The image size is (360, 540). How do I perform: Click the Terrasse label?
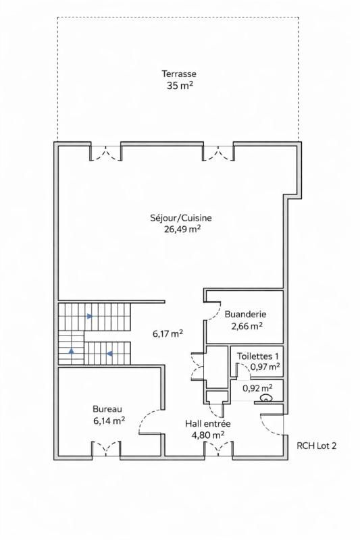(178, 74)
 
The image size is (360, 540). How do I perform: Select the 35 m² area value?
(178, 86)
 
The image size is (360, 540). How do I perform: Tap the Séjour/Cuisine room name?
(182, 217)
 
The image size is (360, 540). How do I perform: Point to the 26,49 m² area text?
(182, 229)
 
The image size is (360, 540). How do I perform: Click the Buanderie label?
(245, 314)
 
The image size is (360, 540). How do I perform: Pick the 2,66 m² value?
(247, 325)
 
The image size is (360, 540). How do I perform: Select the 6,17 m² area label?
(168, 333)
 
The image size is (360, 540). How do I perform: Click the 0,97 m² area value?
(265, 367)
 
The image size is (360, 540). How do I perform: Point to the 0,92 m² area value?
(257, 388)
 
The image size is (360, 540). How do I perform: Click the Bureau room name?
(107, 408)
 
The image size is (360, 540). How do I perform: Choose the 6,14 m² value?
(109, 420)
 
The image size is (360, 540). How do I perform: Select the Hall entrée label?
(208, 423)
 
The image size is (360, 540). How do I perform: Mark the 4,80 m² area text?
(208, 435)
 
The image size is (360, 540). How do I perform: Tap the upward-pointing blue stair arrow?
(71, 351)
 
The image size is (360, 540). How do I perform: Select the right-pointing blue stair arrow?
(89, 315)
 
